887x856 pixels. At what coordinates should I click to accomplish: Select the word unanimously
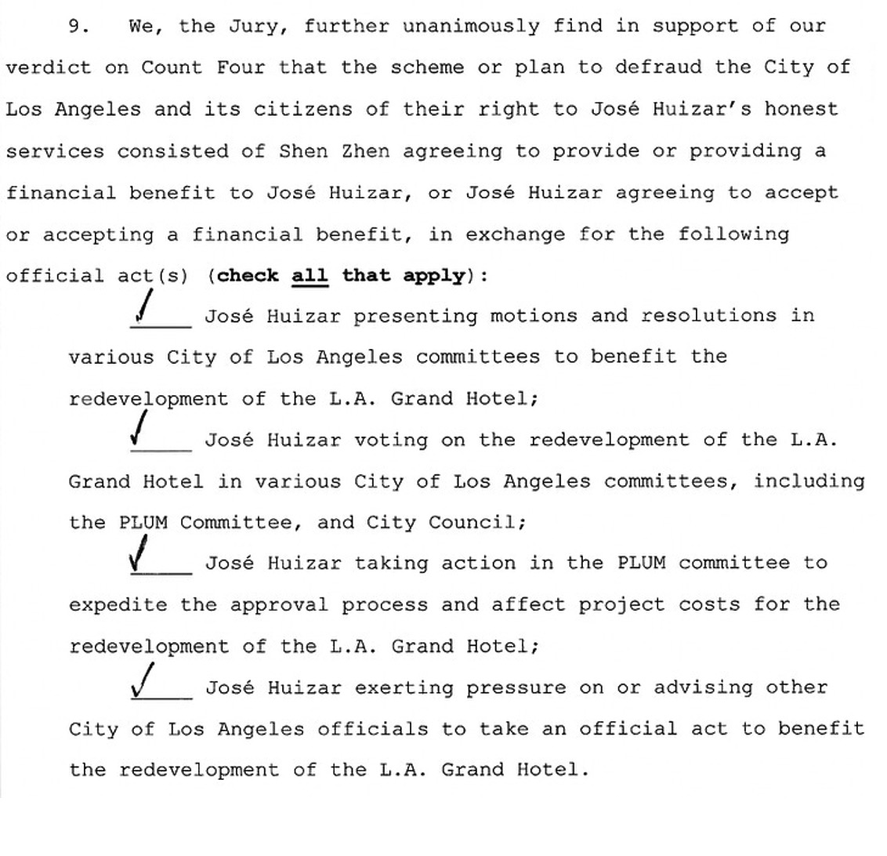pyautogui.click(x=472, y=27)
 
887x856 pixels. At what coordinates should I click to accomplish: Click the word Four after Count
pyautogui.click(x=241, y=67)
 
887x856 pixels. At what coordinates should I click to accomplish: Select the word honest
pyautogui.click(x=802, y=109)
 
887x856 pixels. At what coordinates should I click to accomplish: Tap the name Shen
pyautogui.click(x=303, y=151)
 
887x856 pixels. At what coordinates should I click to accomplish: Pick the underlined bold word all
pyautogui.click(x=310, y=276)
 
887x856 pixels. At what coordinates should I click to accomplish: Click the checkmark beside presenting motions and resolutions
pyautogui.click(x=144, y=306)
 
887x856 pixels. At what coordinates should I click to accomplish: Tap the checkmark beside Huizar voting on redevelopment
pyautogui.click(x=139, y=430)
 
